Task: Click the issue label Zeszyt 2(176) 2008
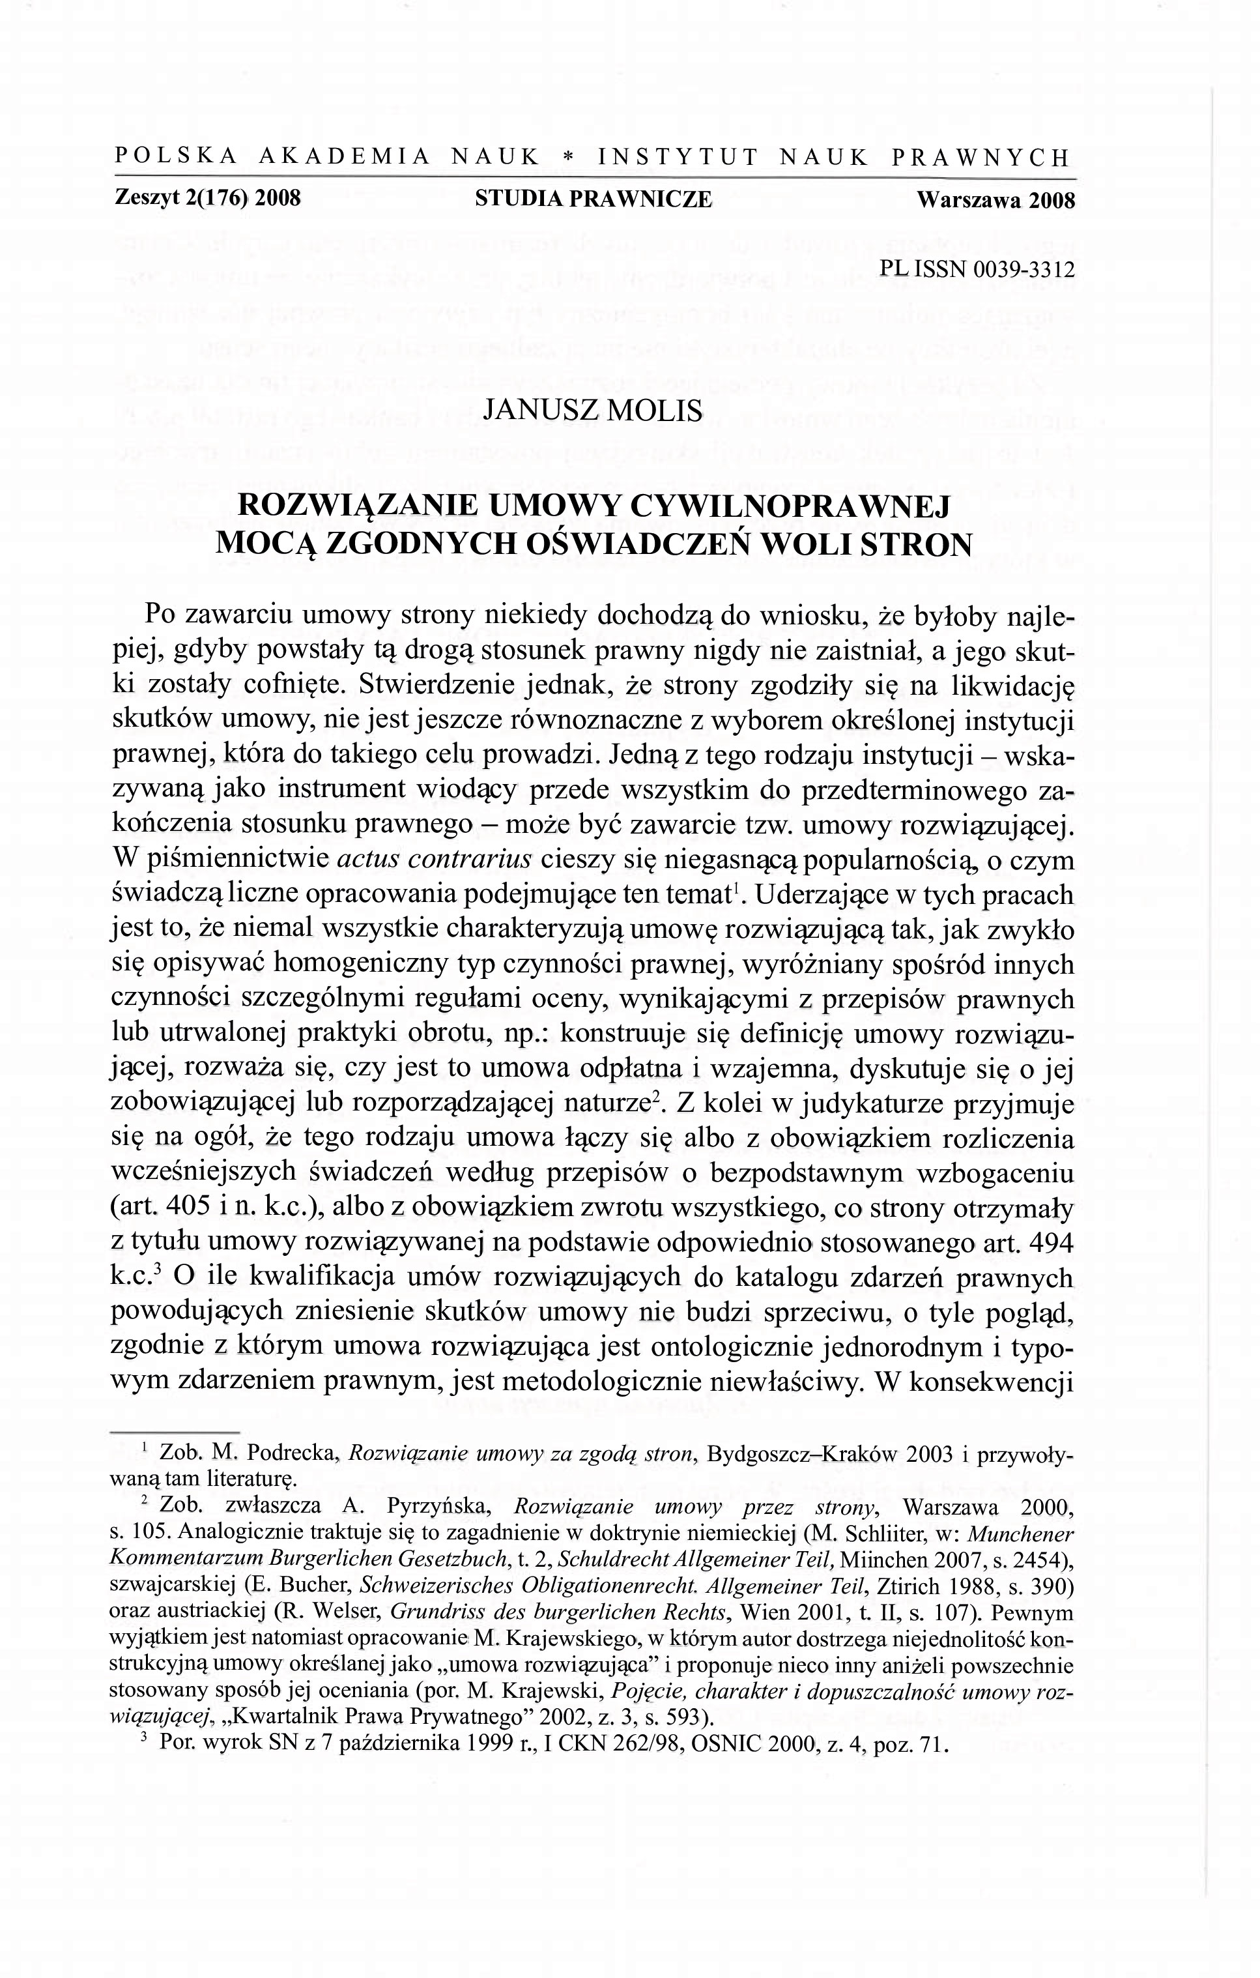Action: [x=208, y=199]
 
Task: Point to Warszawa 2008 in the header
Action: [x=995, y=199]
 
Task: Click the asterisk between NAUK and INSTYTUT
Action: [x=567, y=156]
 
